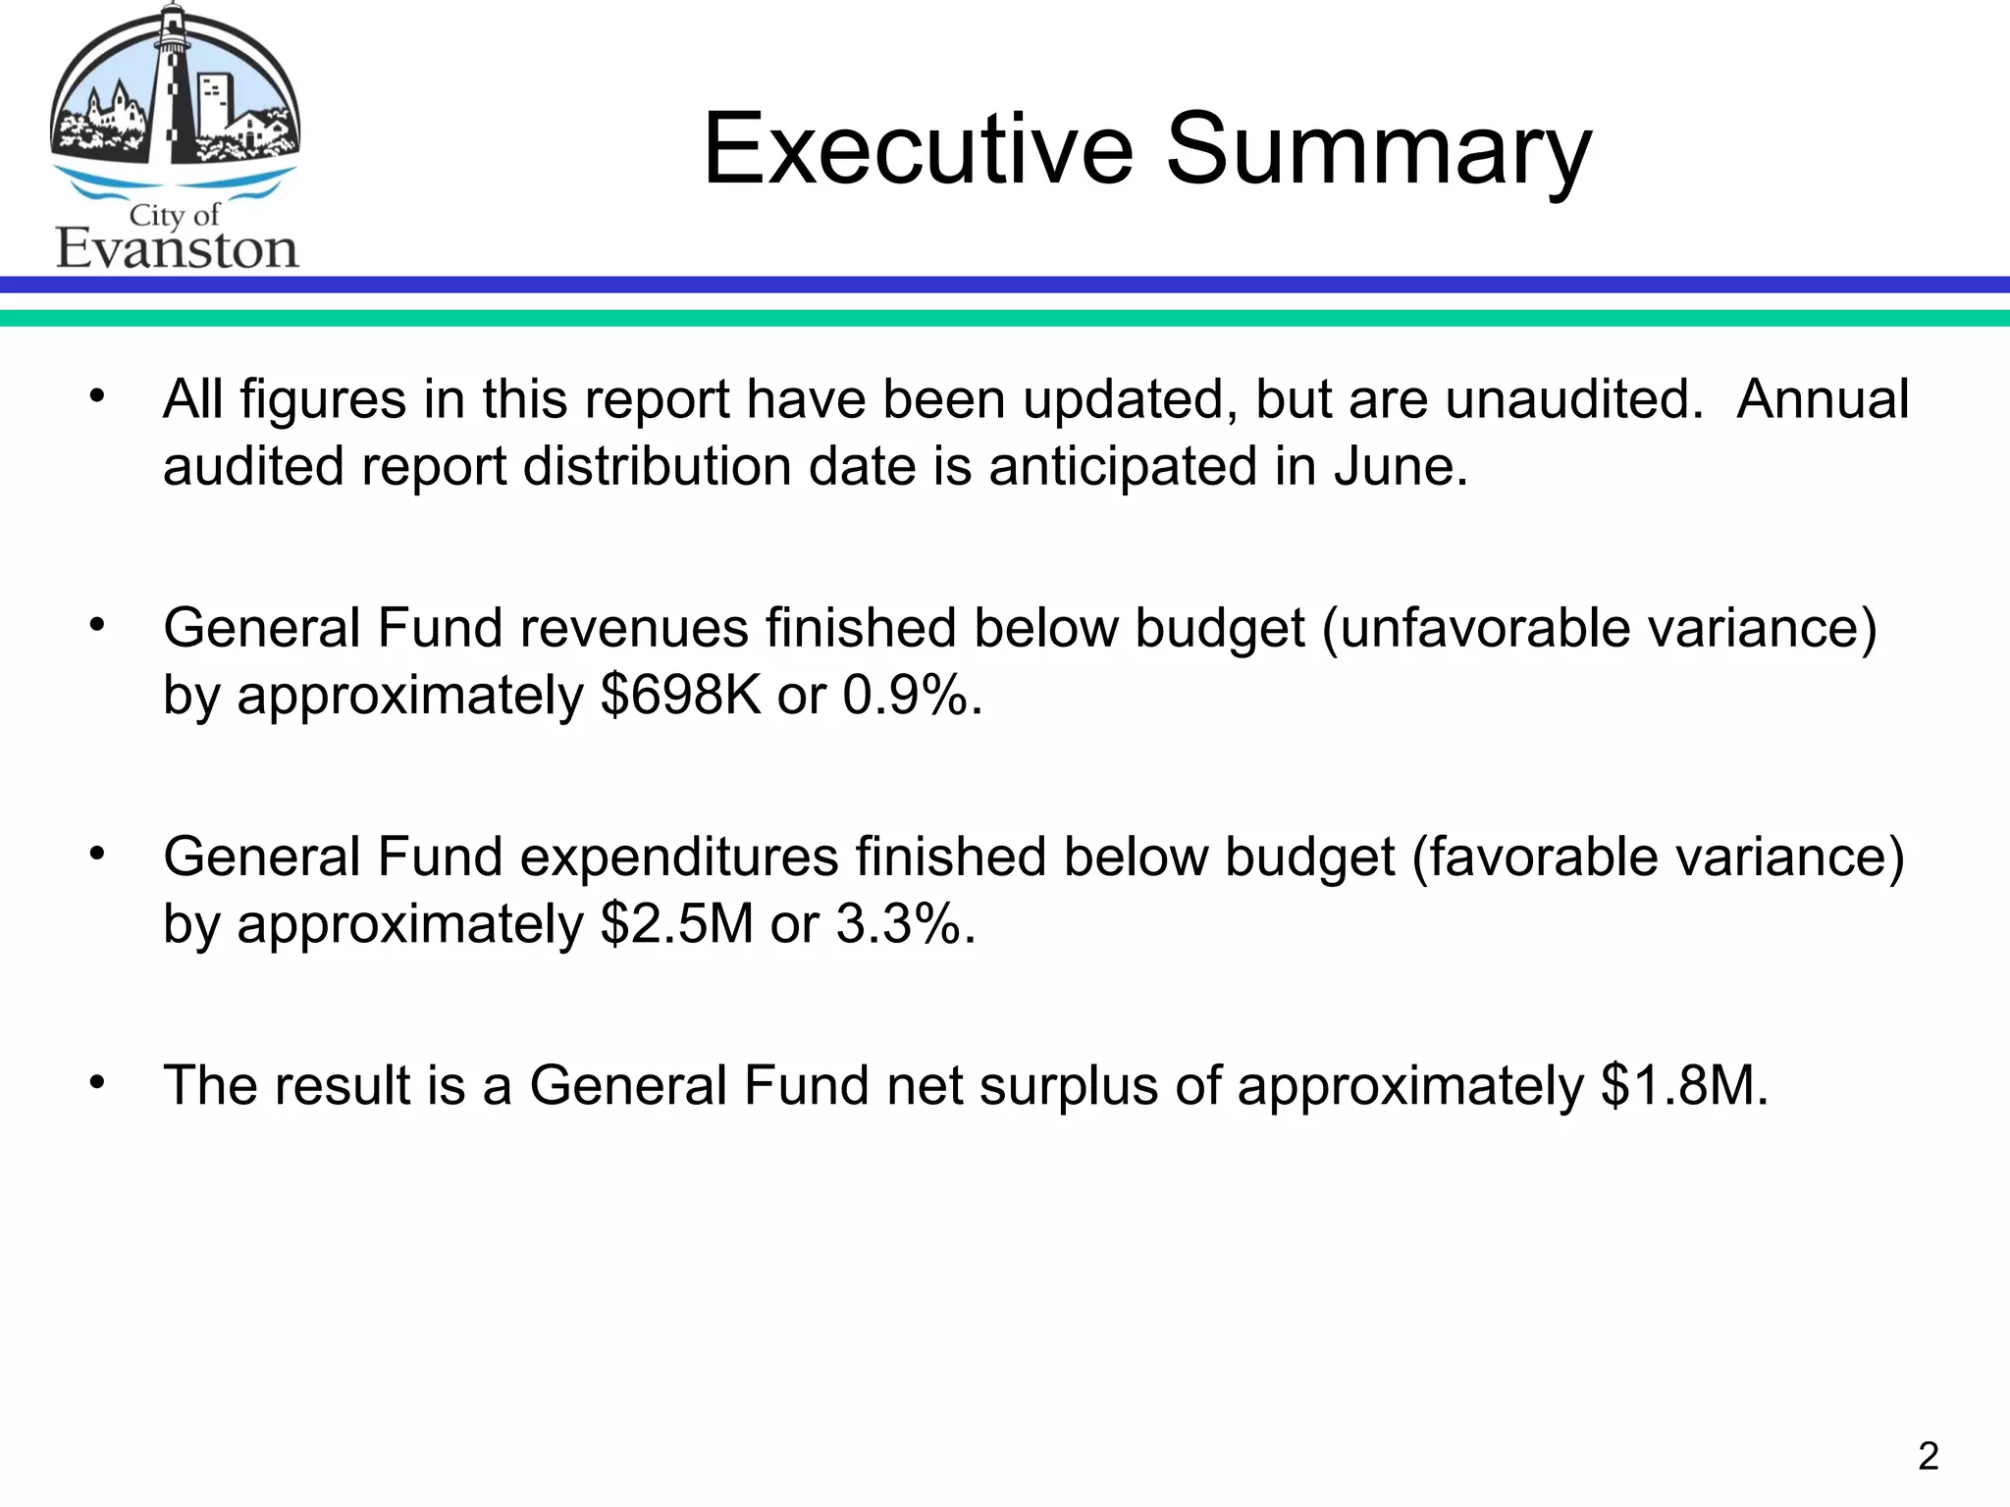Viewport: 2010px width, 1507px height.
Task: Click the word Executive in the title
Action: point(918,149)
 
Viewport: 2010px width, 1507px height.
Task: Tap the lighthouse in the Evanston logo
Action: point(174,88)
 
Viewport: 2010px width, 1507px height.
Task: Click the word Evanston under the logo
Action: point(177,249)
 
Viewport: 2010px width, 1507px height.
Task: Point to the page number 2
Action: point(1928,1456)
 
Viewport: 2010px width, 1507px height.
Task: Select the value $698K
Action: point(680,695)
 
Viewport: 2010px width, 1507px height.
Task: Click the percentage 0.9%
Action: point(911,695)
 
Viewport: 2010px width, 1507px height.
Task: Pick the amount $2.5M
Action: point(676,924)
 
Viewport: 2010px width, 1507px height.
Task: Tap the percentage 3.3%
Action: point(904,924)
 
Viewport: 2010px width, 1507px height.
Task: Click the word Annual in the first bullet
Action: point(1823,399)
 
